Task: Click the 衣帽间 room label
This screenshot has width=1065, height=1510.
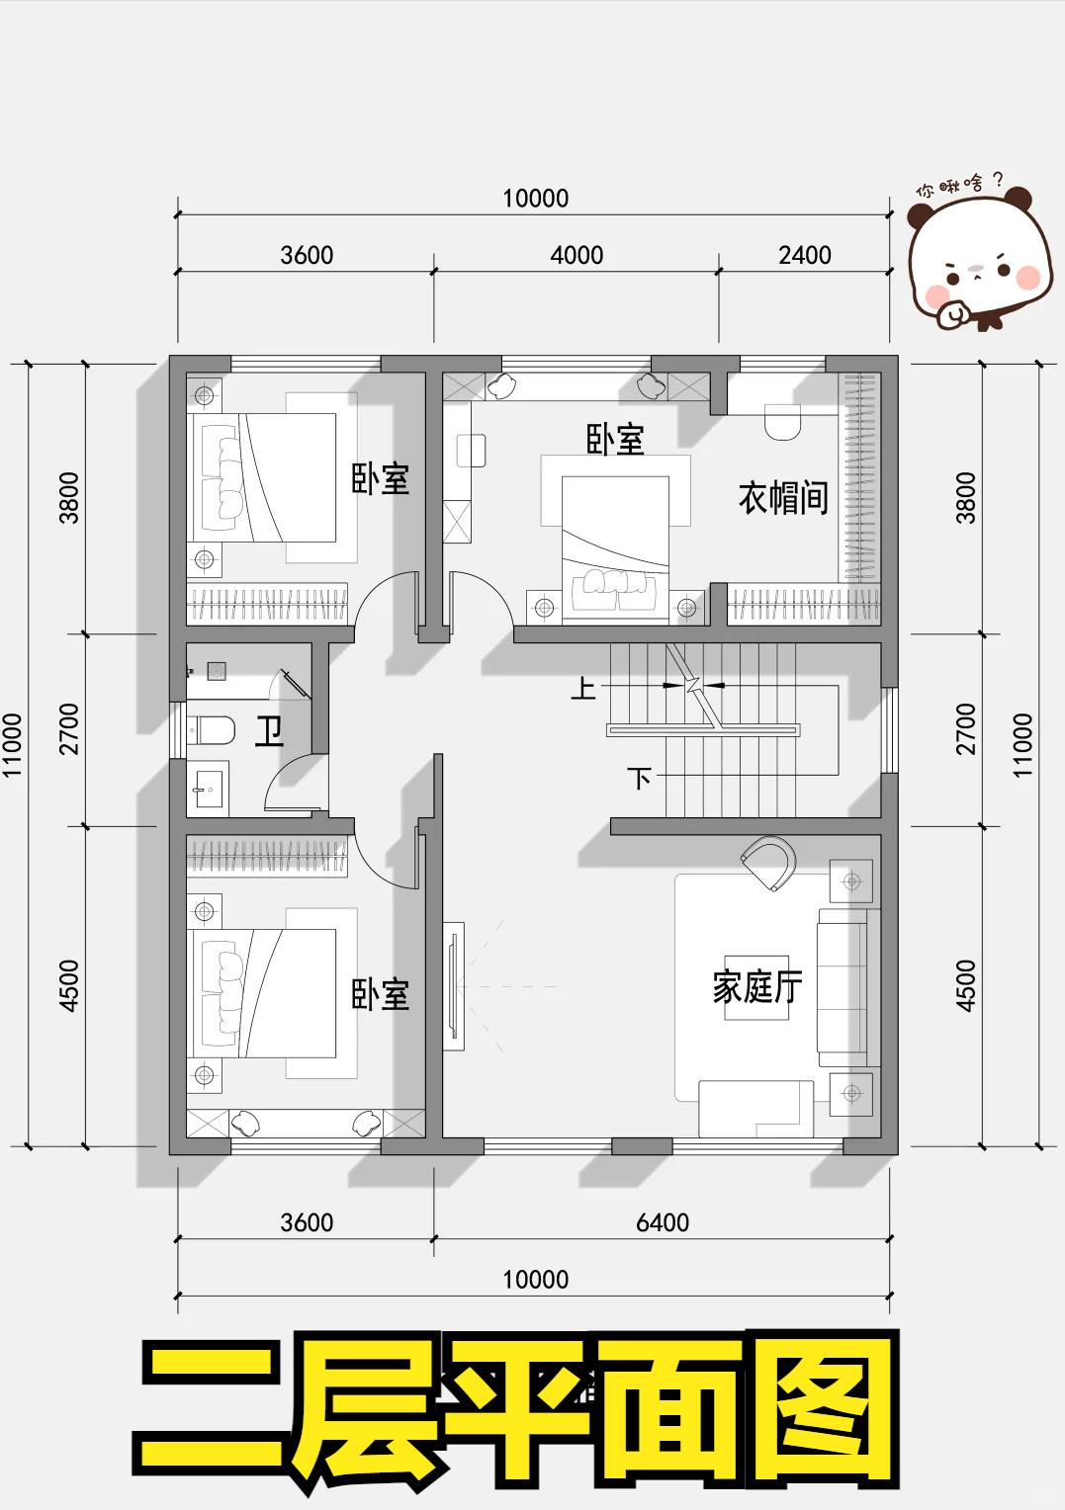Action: pos(783,497)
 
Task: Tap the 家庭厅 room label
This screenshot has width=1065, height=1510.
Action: pos(757,986)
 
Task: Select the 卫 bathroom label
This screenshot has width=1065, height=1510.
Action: pos(269,730)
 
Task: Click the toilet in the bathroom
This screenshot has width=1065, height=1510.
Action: pos(211,730)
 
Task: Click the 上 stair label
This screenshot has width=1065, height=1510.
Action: pos(583,689)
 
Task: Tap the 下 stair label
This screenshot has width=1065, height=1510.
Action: pos(640,779)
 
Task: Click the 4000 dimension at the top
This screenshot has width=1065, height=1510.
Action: pos(577,255)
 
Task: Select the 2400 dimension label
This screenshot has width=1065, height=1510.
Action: pos(804,255)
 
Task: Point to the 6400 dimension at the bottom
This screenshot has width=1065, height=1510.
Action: pos(663,1222)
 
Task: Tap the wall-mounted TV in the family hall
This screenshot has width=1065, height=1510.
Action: pos(454,986)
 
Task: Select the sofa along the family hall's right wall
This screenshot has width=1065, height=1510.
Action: pos(847,986)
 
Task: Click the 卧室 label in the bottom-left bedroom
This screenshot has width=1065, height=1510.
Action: pos(381,994)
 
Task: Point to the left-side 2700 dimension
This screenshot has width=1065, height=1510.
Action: pos(69,729)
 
